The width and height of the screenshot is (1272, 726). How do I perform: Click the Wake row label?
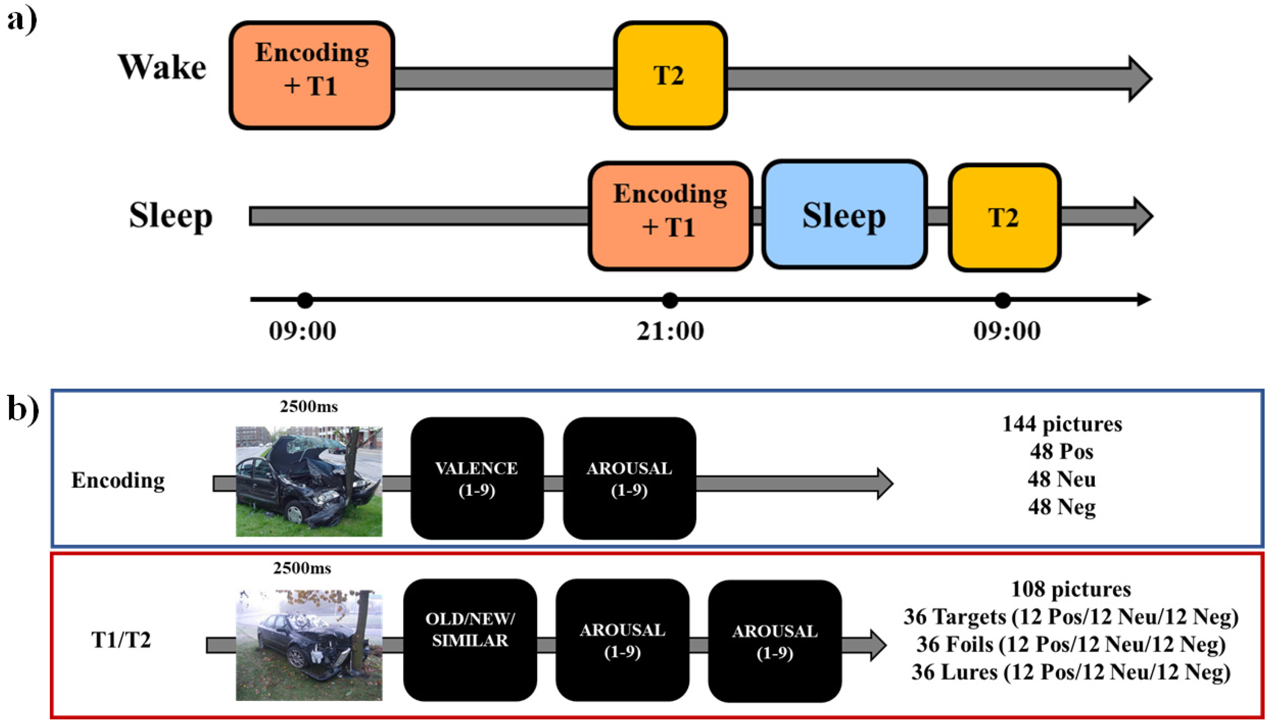click(162, 67)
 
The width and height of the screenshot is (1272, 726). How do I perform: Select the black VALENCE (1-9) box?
click(477, 479)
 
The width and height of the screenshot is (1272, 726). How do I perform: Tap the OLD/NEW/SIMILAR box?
click(470, 640)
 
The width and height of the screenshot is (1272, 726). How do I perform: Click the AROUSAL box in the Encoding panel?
click(629, 479)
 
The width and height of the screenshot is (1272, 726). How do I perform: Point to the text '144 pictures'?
click(1062, 424)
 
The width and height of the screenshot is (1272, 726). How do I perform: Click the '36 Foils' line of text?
click(1070, 645)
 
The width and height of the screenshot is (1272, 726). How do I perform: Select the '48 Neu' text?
click(1062, 479)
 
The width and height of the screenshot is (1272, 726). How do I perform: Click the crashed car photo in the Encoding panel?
click(309, 481)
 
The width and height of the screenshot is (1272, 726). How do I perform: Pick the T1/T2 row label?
click(121, 640)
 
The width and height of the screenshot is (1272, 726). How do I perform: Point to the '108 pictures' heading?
click(1070, 589)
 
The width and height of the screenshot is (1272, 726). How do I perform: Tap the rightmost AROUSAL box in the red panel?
click(775, 641)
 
